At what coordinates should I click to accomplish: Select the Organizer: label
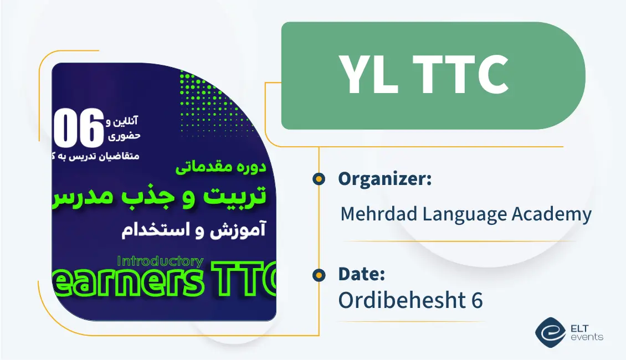click(384, 179)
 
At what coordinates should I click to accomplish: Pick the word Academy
click(555, 214)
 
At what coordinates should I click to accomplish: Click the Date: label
click(361, 274)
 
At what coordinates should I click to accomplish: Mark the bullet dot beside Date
click(319, 274)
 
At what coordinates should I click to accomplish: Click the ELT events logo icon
click(550, 332)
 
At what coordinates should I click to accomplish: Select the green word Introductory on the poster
click(161, 261)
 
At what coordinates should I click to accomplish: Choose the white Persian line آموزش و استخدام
click(193, 230)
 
